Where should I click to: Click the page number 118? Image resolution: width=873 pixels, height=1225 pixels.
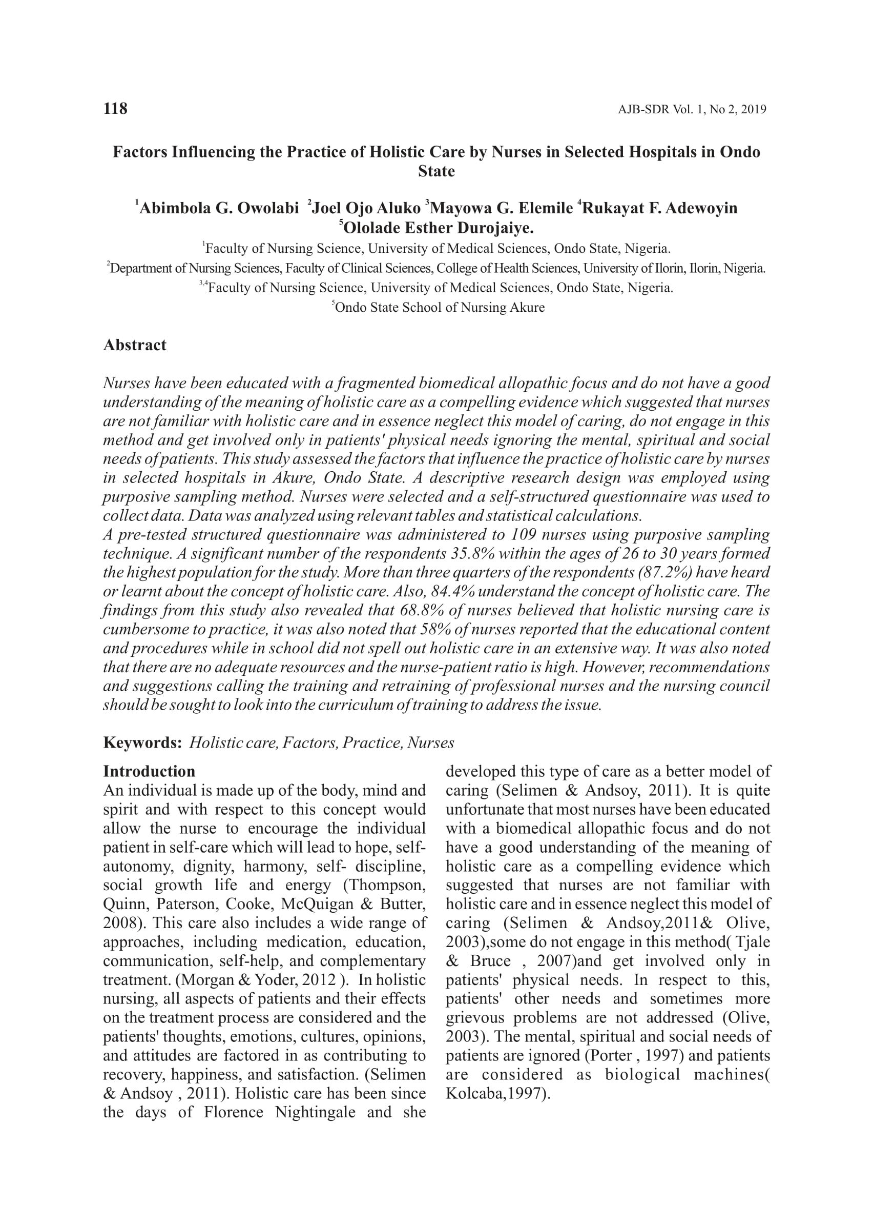coord(115,109)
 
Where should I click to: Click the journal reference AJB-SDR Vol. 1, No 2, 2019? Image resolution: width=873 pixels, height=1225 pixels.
coord(692,110)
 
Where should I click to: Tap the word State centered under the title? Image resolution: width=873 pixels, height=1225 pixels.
coord(436,172)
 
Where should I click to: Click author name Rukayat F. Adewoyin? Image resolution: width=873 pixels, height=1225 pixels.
coord(659,208)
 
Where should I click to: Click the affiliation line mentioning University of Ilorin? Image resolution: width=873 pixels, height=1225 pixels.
coord(436,268)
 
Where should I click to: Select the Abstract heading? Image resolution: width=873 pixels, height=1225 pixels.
coord(134,345)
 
